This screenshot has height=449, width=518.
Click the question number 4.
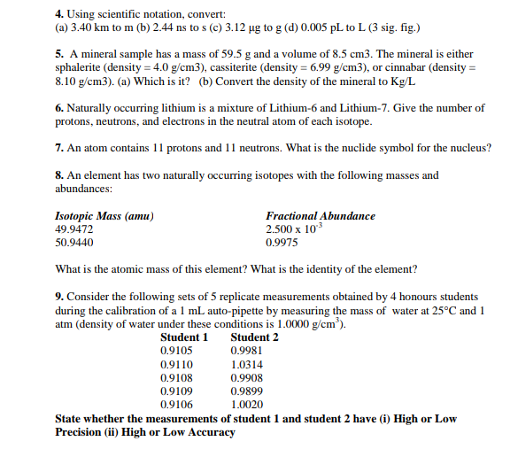[x=58, y=15]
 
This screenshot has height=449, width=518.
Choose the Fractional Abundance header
[x=320, y=216]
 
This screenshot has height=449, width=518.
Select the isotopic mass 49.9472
[x=74, y=228]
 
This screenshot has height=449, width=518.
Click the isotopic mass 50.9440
[x=74, y=241]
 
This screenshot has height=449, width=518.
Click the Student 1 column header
[x=184, y=337]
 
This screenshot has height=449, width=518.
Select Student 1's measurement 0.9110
[x=175, y=363]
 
